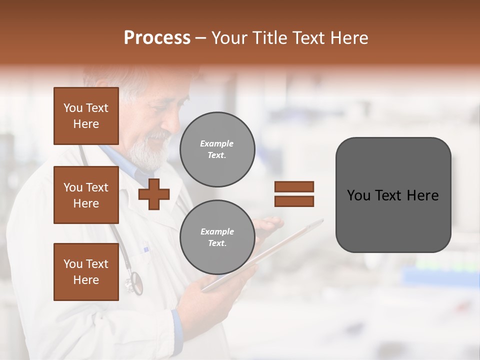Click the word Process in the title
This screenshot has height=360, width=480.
157,38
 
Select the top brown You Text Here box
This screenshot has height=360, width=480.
86,116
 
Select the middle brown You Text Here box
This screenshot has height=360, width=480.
86,195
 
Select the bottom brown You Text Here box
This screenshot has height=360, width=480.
86,271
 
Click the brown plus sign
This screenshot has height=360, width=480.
154,193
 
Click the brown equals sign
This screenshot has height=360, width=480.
294,194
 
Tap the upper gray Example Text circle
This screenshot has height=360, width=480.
217,149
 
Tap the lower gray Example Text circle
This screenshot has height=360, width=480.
217,237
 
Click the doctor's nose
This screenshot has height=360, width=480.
176,122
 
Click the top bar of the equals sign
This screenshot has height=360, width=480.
294,187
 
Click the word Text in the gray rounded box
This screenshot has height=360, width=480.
393,195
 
